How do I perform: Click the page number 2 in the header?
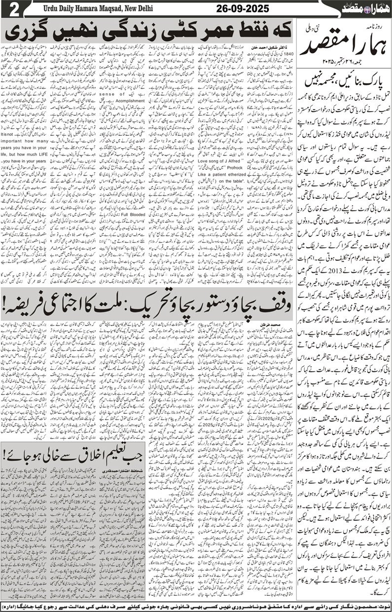[x=11, y=9]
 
